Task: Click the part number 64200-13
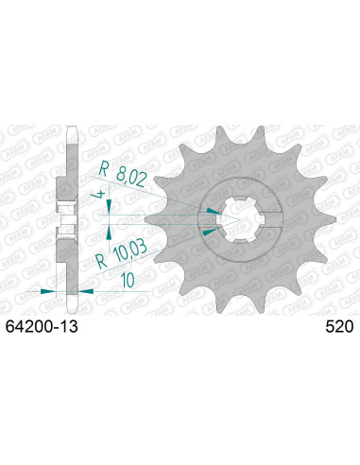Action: pos(42,328)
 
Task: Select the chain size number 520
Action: pos(337,328)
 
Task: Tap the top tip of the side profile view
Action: pos(69,124)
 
